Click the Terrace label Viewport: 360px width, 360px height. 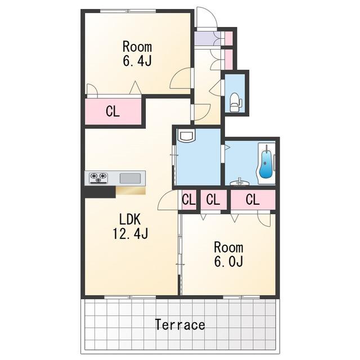pos(180,325)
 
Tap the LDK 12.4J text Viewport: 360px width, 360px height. pos(130,226)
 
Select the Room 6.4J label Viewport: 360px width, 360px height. pos(137,53)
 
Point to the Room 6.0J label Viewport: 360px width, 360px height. pos(229,254)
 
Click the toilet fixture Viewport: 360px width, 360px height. pos(236,102)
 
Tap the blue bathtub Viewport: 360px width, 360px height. pos(265,164)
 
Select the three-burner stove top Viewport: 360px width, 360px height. pos(99,178)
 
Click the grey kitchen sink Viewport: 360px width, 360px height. pos(130,178)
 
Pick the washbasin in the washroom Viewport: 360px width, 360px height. pos(186,136)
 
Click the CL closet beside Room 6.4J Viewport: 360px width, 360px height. pos(113,111)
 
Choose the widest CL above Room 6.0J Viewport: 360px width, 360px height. pos(253,200)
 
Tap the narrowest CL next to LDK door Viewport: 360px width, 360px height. pos(189,200)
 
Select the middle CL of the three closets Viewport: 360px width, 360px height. pos(214,200)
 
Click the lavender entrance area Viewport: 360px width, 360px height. pos(207,38)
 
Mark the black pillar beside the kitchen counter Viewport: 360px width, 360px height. pos(100,192)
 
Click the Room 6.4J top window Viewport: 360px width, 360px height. pos(128,11)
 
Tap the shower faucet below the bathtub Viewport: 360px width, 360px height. pos(240,182)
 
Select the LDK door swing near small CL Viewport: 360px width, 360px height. pos(168,200)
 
